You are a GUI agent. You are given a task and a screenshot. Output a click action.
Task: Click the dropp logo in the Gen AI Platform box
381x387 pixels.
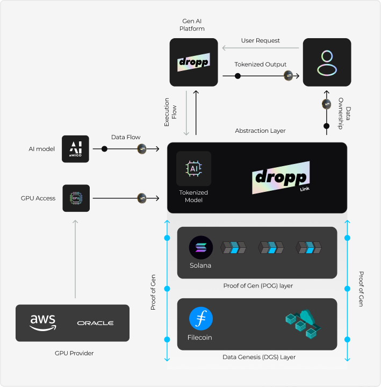point(193,62)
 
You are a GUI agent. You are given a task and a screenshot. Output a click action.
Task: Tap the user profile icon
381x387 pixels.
point(327,62)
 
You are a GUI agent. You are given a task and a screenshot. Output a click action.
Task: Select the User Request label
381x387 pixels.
point(260,40)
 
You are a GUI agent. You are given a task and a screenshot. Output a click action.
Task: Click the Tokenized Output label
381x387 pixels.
point(260,64)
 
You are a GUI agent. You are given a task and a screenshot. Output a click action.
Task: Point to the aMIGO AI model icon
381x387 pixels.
point(76,148)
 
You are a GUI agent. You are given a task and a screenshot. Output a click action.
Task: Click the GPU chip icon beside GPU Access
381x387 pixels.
point(76,198)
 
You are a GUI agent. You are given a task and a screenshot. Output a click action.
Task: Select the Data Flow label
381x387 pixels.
point(126,138)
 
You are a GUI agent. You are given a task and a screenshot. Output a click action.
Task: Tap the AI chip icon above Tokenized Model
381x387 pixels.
point(193,168)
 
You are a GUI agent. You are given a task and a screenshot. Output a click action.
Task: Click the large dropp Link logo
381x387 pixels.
point(281,178)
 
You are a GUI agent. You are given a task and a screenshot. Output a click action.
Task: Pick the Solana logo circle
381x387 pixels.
point(200,248)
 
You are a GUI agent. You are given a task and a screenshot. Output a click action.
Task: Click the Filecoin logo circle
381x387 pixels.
point(200,319)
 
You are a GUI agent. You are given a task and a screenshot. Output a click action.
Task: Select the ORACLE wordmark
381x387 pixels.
point(95,323)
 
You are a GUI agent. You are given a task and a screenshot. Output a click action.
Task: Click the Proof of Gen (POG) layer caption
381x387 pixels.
point(258,286)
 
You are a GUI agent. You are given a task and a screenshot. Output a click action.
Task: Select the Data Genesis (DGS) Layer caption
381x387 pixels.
point(258,357)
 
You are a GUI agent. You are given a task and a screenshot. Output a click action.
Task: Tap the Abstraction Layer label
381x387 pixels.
point(260,131)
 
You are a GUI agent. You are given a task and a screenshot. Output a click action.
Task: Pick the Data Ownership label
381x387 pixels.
point(344,111)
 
